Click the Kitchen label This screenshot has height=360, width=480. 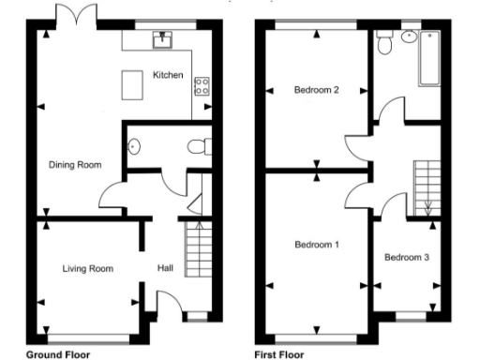[x=167, y=75]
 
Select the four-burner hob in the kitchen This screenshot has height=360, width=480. [x=201, y=86]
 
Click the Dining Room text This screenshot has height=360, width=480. [x=74, y=165]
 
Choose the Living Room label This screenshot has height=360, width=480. [x=87, y=269]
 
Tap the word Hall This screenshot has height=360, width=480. [x=165, y=269]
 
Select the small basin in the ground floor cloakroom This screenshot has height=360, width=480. [x=132, y=146]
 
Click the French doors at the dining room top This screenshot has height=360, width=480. [x=74, y=14]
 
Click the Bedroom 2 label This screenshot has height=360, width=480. [x=316, y=90]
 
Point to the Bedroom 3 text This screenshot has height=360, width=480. [x=406, y=257]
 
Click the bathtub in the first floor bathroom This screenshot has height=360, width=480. [x=429, y=58]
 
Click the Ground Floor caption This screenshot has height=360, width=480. [x=57, y=354]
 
